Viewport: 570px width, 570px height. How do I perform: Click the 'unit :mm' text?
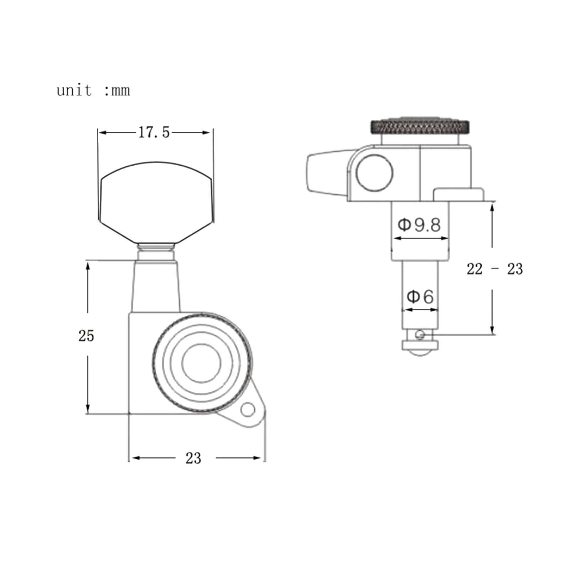(93, 90)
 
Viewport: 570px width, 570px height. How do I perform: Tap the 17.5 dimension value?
(154, 133)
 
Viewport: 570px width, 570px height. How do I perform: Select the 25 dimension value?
(86, 336)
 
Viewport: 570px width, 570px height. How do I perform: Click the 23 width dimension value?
(193, 458)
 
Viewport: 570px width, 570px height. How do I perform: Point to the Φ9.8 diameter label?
(419, 225)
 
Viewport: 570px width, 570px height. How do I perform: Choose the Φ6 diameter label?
(420, 296)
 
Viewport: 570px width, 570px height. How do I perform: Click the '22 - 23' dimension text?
(495, 269)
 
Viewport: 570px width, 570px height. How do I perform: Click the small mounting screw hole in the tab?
(248, 410)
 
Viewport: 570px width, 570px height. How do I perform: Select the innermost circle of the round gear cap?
(201, 363)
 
